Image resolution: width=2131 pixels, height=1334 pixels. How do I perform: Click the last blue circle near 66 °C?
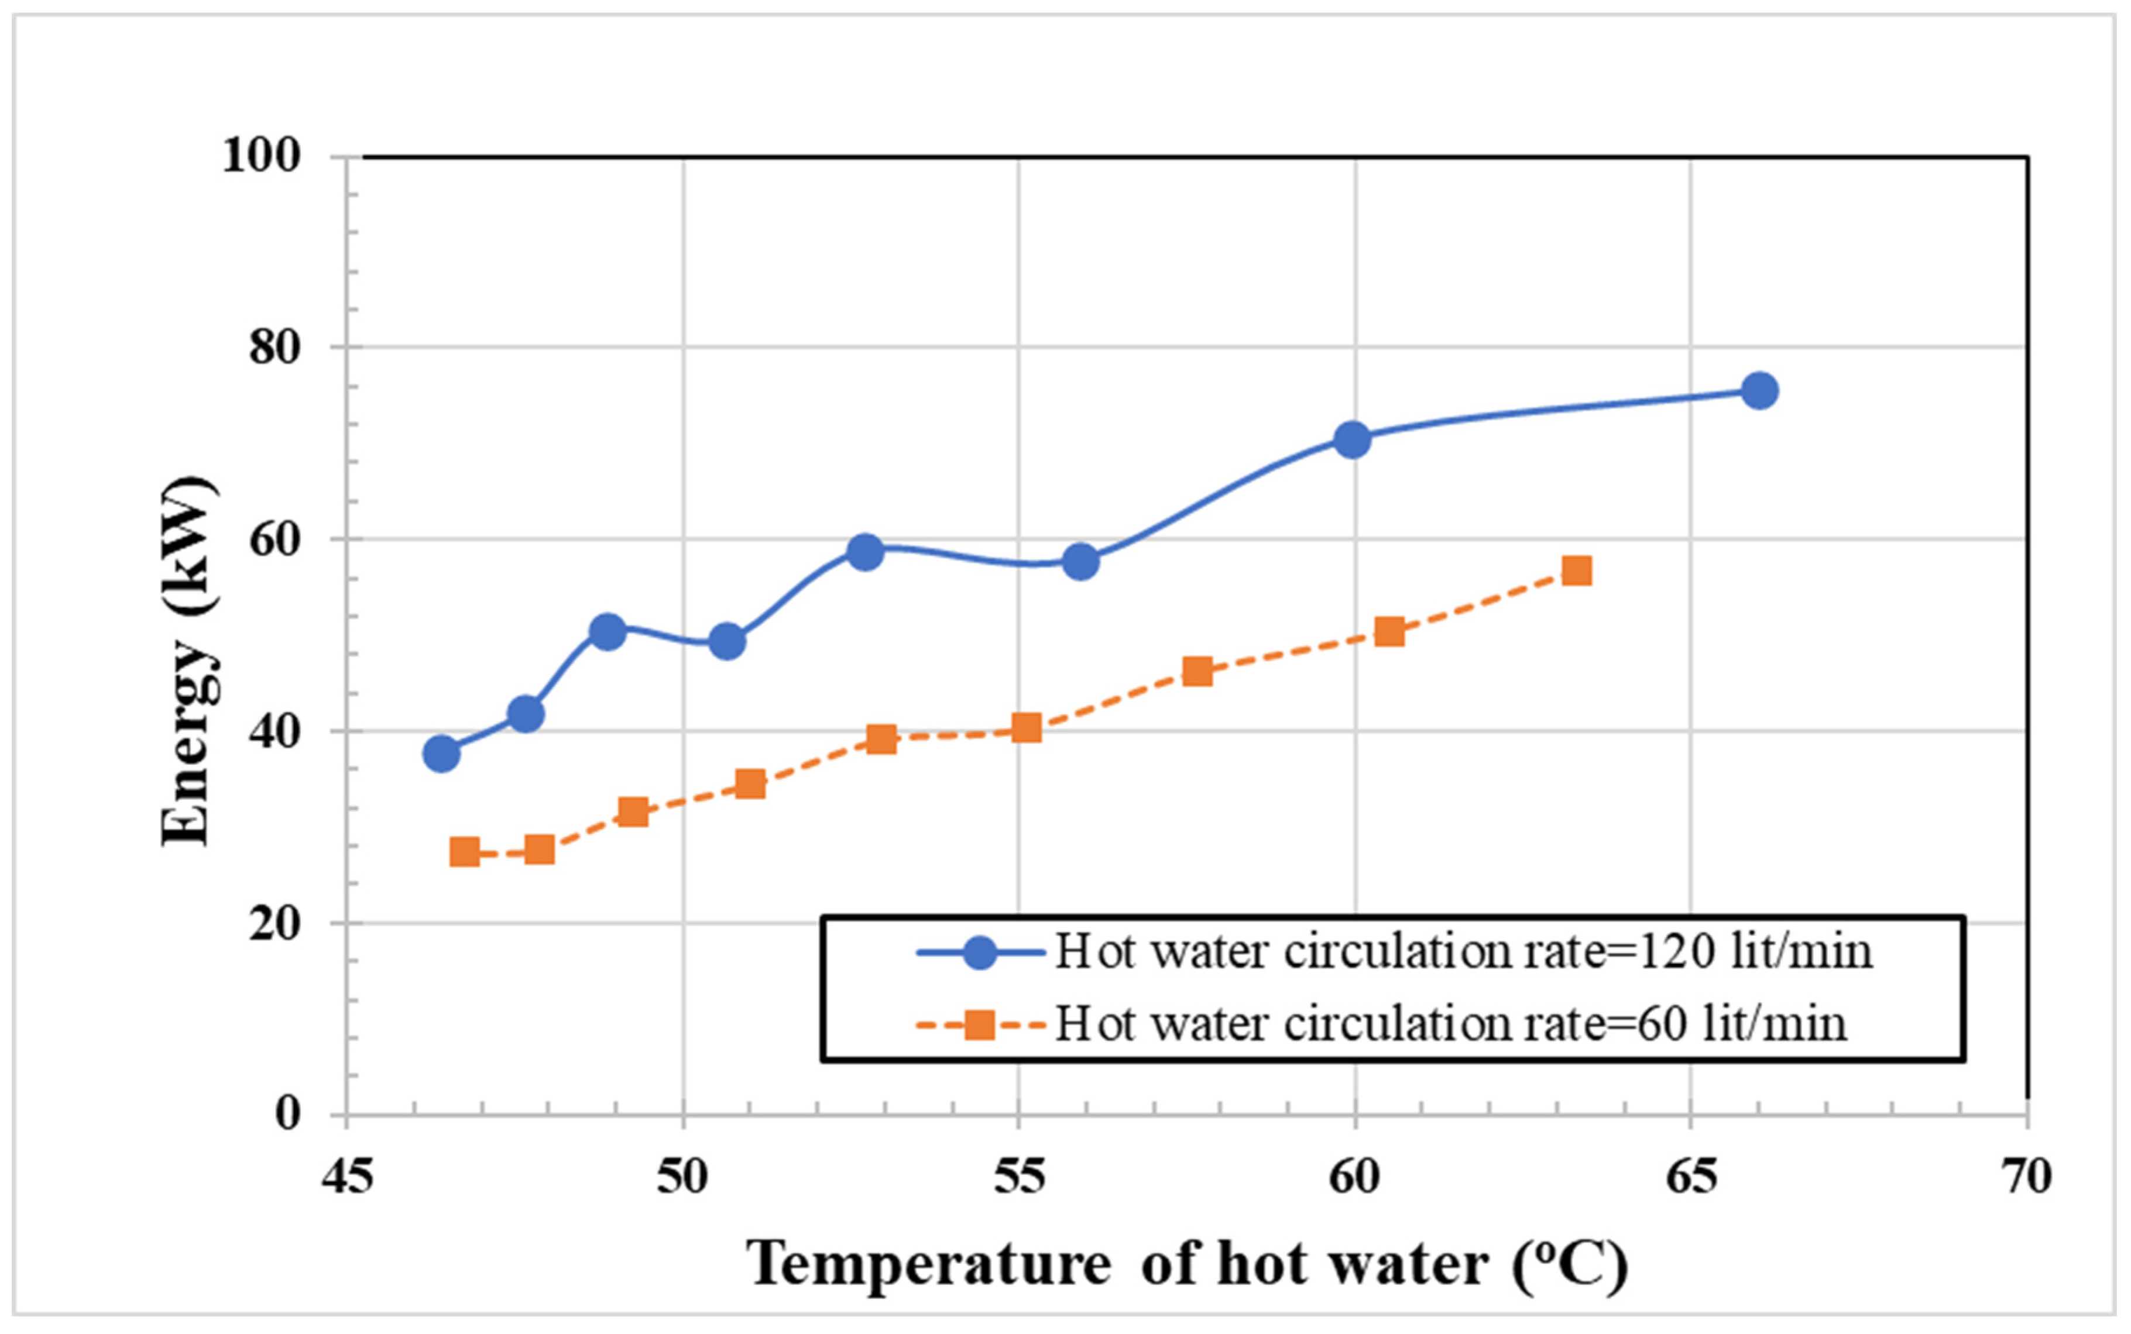[1759, 390]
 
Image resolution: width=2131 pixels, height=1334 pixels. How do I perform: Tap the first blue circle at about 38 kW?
[441, 754]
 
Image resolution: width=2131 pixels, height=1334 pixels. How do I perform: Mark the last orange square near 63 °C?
[1577, 571]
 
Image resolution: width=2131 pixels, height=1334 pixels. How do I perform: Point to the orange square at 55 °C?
[1026, 728]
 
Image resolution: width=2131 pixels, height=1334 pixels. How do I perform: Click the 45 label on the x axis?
[347, 1176]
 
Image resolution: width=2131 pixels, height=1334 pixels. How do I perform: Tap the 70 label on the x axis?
[2027, 1176]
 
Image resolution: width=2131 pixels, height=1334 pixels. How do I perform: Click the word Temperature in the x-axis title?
[928, 1263]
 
